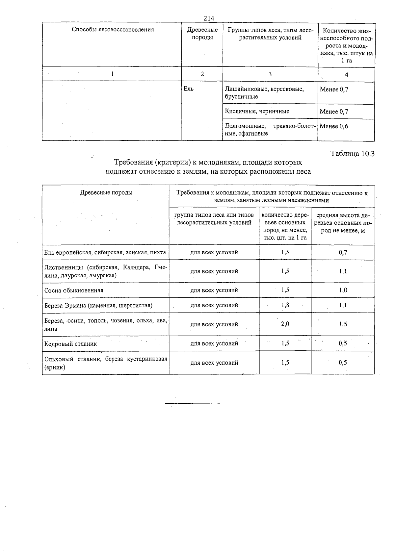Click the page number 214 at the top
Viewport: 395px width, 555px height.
click(209, 18)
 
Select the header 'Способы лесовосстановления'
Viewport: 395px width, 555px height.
click(113, 30)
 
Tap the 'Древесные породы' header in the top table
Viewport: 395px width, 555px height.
click(202, 34)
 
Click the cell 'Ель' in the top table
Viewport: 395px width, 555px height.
click(188, 89)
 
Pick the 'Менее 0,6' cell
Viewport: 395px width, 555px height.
click(334, 126)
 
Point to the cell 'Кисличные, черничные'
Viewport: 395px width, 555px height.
click(257, 111)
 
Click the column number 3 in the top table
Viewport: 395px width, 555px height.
click(270, 74)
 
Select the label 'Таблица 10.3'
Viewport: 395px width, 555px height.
click(353, 154)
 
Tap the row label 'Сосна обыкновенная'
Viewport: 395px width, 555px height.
click(74, 290)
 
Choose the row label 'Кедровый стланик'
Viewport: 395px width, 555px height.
click(71, 344)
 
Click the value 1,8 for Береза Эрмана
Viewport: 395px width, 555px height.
click(285, 305)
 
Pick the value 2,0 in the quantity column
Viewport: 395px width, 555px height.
click(285, 324)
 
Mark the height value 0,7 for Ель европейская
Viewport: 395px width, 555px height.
click(343, 253)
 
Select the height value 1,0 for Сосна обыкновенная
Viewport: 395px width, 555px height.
click(343, 290)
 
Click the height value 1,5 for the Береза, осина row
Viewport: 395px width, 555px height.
click(343, 324)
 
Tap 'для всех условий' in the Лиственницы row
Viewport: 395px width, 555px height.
click(214, 271)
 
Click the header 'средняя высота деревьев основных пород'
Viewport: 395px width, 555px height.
click(343, 223)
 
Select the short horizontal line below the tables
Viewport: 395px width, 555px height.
click(194, 403)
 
